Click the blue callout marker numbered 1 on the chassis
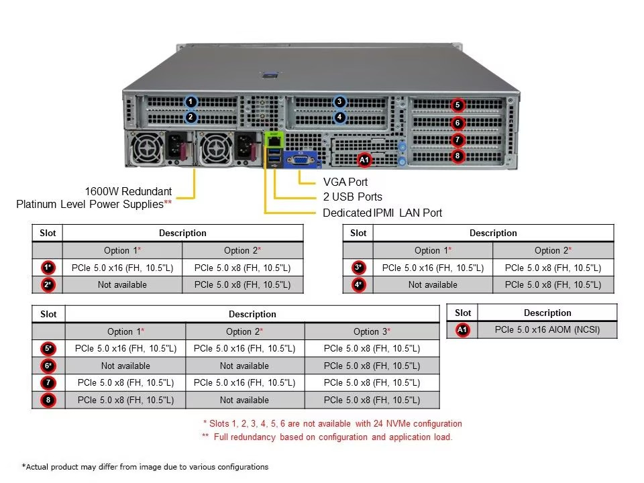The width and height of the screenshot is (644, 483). pos(191,101)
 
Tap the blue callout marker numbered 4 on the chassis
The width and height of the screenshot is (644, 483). pos(339,117)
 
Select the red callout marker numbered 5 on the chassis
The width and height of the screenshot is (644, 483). pos(458,105)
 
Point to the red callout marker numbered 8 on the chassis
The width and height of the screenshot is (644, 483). pos(458,156)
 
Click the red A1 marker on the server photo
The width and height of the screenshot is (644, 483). pos(364,160)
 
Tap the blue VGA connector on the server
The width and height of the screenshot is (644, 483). pos(301,160)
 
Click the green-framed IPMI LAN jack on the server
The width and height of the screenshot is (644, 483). pos(274,140)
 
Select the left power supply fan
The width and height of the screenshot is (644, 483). pos(145,148)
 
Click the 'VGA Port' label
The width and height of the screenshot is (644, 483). pos(345,182)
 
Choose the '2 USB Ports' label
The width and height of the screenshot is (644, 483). pos(352,197)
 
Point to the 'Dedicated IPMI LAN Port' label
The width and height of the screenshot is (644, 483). pos(382,213)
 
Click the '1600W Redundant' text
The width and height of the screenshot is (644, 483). pos(128,191)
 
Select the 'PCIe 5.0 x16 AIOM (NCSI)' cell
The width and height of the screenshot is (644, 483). pos(547,330)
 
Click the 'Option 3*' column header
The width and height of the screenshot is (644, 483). pos(372,331)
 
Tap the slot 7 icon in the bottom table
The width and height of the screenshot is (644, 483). pos(48,383)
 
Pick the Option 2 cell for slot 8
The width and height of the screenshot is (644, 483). pos(244,400)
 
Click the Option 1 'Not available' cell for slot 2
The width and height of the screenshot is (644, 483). pos(122,284)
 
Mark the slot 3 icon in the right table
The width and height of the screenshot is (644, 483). pos(358,268)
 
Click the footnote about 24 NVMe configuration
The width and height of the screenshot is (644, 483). pos(332,423)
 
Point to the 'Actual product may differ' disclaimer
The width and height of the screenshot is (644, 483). pos(145,467)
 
